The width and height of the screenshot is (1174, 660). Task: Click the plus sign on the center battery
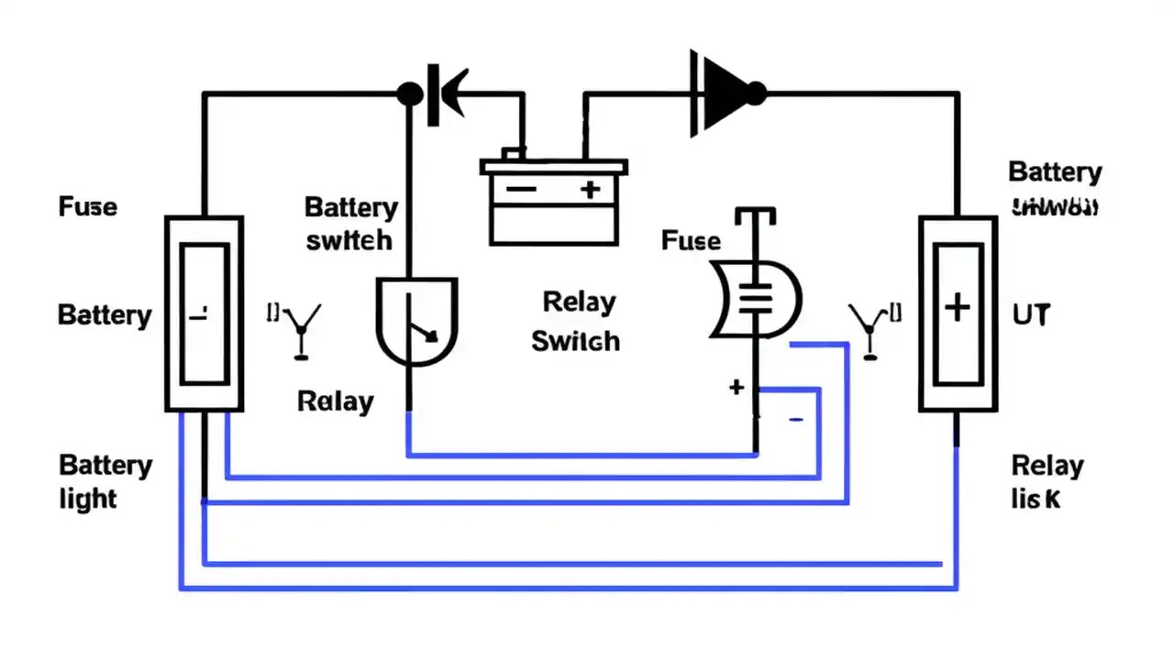pyautogui.click(x=590, y=190)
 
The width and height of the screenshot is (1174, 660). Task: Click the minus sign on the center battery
pyautogui.click(x=521, y=190)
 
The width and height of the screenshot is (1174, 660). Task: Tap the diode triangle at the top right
pyautogui.click(x=725, y=93)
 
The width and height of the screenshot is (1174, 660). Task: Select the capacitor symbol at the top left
pyautogui.click(x=445, y=93)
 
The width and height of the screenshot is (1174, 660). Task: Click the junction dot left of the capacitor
pyautogui.click(x=410, y=93)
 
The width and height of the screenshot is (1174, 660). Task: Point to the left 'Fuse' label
pyautogui.click(x=88, y=206)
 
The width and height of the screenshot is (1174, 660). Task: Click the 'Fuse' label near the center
pyautogui.click(x=691, y=241)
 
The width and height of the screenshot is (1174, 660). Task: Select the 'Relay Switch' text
pyautogui.click(x=576, y=322)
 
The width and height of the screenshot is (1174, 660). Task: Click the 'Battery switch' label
pyautogui.click(x=350, y=223)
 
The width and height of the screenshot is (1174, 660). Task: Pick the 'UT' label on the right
pyautogui.click(x=1031, y=315)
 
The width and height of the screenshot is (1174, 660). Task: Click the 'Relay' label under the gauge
pyautogui.click(x=336, y=401)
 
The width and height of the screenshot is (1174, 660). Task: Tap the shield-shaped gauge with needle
pyautogui.click(x=416, y=322)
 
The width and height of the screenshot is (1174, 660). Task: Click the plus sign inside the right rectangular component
pyautogui.click(x=957, y=308)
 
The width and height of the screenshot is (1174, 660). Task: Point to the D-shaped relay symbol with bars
pyautogui.click(x=756, y=299)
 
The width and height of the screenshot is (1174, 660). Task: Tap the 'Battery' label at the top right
pyautogui.click(x=1055, y=172)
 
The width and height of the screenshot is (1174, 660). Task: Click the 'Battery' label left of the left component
pyautogui.click(x=105, y=315)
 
